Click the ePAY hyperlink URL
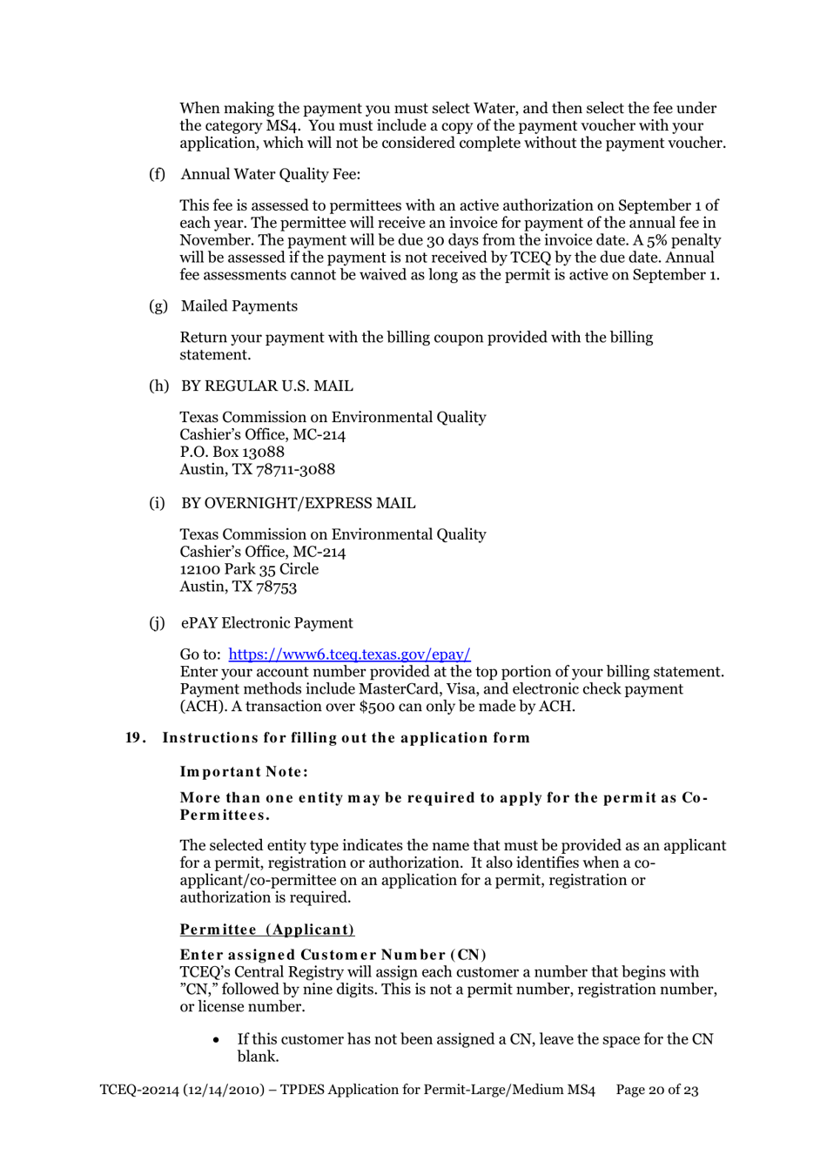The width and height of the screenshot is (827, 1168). point(349,654)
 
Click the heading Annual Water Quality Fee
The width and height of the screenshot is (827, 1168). point(270,174)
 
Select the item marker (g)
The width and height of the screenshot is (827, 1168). point(158,306)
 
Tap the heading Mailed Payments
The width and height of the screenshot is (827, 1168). point(239,306)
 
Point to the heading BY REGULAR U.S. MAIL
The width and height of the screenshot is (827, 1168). point(266,386)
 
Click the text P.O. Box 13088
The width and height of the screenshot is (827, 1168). point(232,452)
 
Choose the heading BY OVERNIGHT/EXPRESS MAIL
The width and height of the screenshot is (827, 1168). point(298,504)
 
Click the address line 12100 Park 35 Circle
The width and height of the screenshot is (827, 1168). point(249,569)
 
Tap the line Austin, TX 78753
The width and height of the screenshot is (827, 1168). point(238,587)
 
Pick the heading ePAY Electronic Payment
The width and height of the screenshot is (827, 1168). point(266,623)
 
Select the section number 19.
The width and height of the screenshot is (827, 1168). point(134,738)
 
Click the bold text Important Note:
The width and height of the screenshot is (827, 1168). point(244,772)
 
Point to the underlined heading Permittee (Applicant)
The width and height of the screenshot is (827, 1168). point(266,930)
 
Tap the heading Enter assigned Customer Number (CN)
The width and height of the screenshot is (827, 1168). point(333,955)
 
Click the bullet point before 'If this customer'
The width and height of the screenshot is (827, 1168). point(216,1040)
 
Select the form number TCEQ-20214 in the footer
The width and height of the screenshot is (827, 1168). point(138,1090)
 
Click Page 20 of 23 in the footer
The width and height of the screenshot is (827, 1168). point(656,1090)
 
